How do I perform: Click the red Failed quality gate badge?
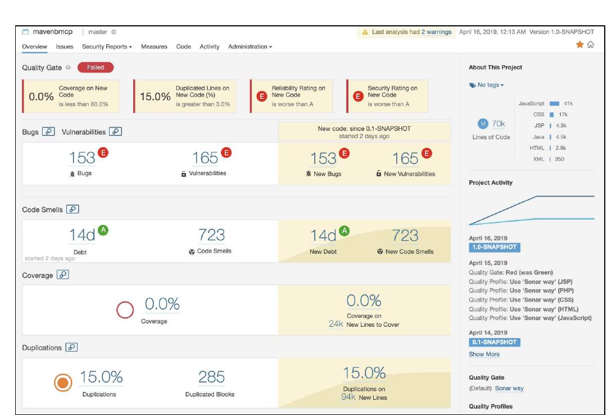pos(95,67)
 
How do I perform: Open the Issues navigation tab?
pos(65,46)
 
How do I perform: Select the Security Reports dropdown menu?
pos(107,46)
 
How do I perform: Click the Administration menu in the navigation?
pos(250,46)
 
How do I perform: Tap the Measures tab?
pos(155,46)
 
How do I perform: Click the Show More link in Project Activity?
pos(484,354)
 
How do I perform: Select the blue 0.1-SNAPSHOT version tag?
pos(494,342)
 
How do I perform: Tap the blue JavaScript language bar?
pos(555,104)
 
